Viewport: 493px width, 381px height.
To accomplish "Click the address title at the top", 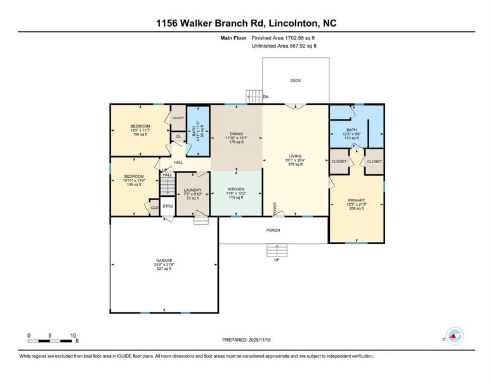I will click(246, 23).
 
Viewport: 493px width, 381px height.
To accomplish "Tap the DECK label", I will click(296, 81).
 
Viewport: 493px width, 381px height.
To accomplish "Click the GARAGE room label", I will click(164, 260).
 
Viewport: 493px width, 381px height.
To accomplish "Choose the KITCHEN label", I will click(235, 189).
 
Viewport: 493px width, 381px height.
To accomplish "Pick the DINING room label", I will click(236, 134).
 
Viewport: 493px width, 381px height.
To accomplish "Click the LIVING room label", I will click(295, 156).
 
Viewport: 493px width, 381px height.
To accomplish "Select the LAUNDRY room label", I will click(192, 190).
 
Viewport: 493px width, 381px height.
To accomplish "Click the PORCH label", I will click(273, 231).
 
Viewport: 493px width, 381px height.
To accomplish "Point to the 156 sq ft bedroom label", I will click(140, 130).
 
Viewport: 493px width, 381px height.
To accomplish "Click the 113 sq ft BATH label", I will click(351, 131).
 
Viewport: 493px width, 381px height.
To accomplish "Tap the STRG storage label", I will click(168, 206).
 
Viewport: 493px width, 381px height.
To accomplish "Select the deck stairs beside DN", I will click(254, 97).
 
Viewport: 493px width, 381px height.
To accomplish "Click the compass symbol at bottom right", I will click(454, 335).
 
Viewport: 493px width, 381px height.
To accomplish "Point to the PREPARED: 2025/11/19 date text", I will click(247, 340).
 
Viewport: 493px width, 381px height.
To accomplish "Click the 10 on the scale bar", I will click(73, 335).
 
